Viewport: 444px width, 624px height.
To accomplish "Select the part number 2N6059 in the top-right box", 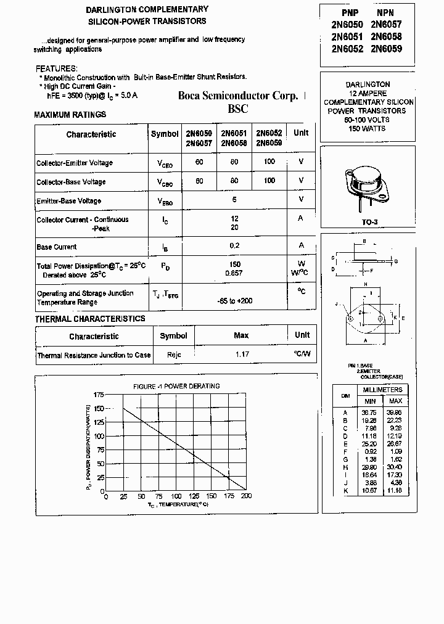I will click(386, 48).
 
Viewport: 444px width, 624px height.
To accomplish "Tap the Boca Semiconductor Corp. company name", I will click(238, 96).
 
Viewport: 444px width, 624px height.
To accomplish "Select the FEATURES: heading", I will click(57, 68).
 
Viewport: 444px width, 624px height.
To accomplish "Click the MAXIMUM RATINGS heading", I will click(70, 115).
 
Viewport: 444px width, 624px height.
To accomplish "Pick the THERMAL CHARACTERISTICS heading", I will click(90, 319).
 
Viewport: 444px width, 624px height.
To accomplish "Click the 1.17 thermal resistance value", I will click(242, 355).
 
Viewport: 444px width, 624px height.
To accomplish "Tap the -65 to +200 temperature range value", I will click(235, 301).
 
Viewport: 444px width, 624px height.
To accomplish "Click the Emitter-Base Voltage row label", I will click(68, 201).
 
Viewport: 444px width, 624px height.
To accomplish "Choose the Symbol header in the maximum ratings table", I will click(165, 134).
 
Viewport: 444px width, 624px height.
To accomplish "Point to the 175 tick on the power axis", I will click(99, 394).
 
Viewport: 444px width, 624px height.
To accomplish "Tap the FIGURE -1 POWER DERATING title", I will click(176, 386).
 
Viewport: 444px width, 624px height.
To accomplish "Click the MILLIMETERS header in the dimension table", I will click(382, 390).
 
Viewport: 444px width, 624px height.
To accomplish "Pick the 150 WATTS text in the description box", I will click(367, 128).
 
